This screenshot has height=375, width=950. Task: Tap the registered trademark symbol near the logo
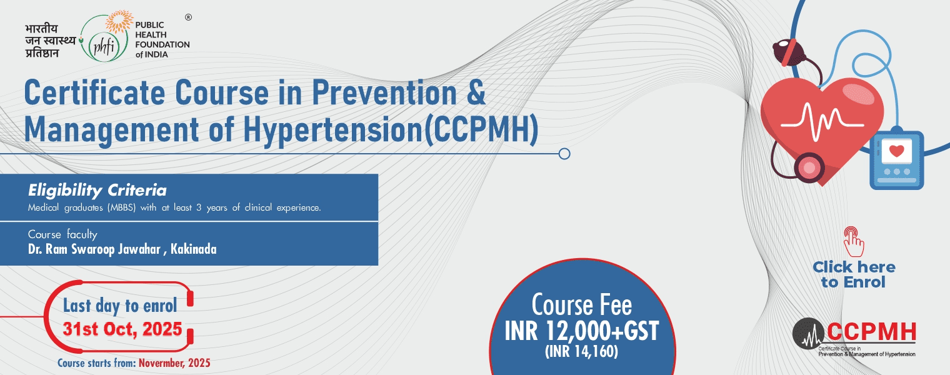coord(189,17)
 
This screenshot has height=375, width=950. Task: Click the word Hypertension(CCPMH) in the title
coord(391,129)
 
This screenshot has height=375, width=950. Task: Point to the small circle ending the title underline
coord(564,154)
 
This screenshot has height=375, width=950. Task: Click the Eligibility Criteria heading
coord(97,191)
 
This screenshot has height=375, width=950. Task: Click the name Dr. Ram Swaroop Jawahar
coord(94,249)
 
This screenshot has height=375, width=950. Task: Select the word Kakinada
coord(193,249)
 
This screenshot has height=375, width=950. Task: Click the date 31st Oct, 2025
coord(122,329)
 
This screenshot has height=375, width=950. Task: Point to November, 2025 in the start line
coord(175,363)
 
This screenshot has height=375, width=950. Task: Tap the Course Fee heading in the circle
coord(581,305)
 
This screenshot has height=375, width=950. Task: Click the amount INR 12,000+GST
coord(581,332)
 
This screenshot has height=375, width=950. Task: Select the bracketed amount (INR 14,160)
coord(581,351)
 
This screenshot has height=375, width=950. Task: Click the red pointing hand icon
coord(853,241)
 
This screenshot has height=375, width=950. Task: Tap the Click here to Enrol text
coord(854,274)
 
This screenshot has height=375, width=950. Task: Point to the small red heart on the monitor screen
coord(896,150)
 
